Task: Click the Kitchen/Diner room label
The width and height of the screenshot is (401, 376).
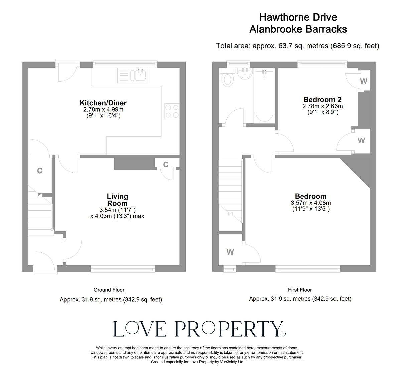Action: click(103, 103)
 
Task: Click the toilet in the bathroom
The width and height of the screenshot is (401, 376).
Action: click(228, 80)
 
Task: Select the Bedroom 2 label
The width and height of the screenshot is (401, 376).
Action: click(322, 99)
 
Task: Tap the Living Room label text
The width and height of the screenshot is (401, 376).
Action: click(117, 200)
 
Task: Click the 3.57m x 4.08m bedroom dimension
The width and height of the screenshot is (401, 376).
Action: click(311, 203)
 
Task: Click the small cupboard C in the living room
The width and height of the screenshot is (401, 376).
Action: click(166, 164)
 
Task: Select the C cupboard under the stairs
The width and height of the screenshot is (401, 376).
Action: click(40, 171)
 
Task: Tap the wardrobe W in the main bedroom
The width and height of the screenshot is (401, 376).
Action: click(230, 252)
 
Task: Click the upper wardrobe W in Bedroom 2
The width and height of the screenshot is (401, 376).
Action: click(364, 81)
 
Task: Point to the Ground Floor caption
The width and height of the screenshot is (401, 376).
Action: click(109, 290)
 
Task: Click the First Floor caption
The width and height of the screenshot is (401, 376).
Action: click(300, 290)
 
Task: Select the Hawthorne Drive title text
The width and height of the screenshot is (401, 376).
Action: click(298, 17)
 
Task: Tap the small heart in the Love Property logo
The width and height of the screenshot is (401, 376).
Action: click(284, 334)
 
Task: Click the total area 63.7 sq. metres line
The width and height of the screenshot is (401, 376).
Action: click(297, 46)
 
